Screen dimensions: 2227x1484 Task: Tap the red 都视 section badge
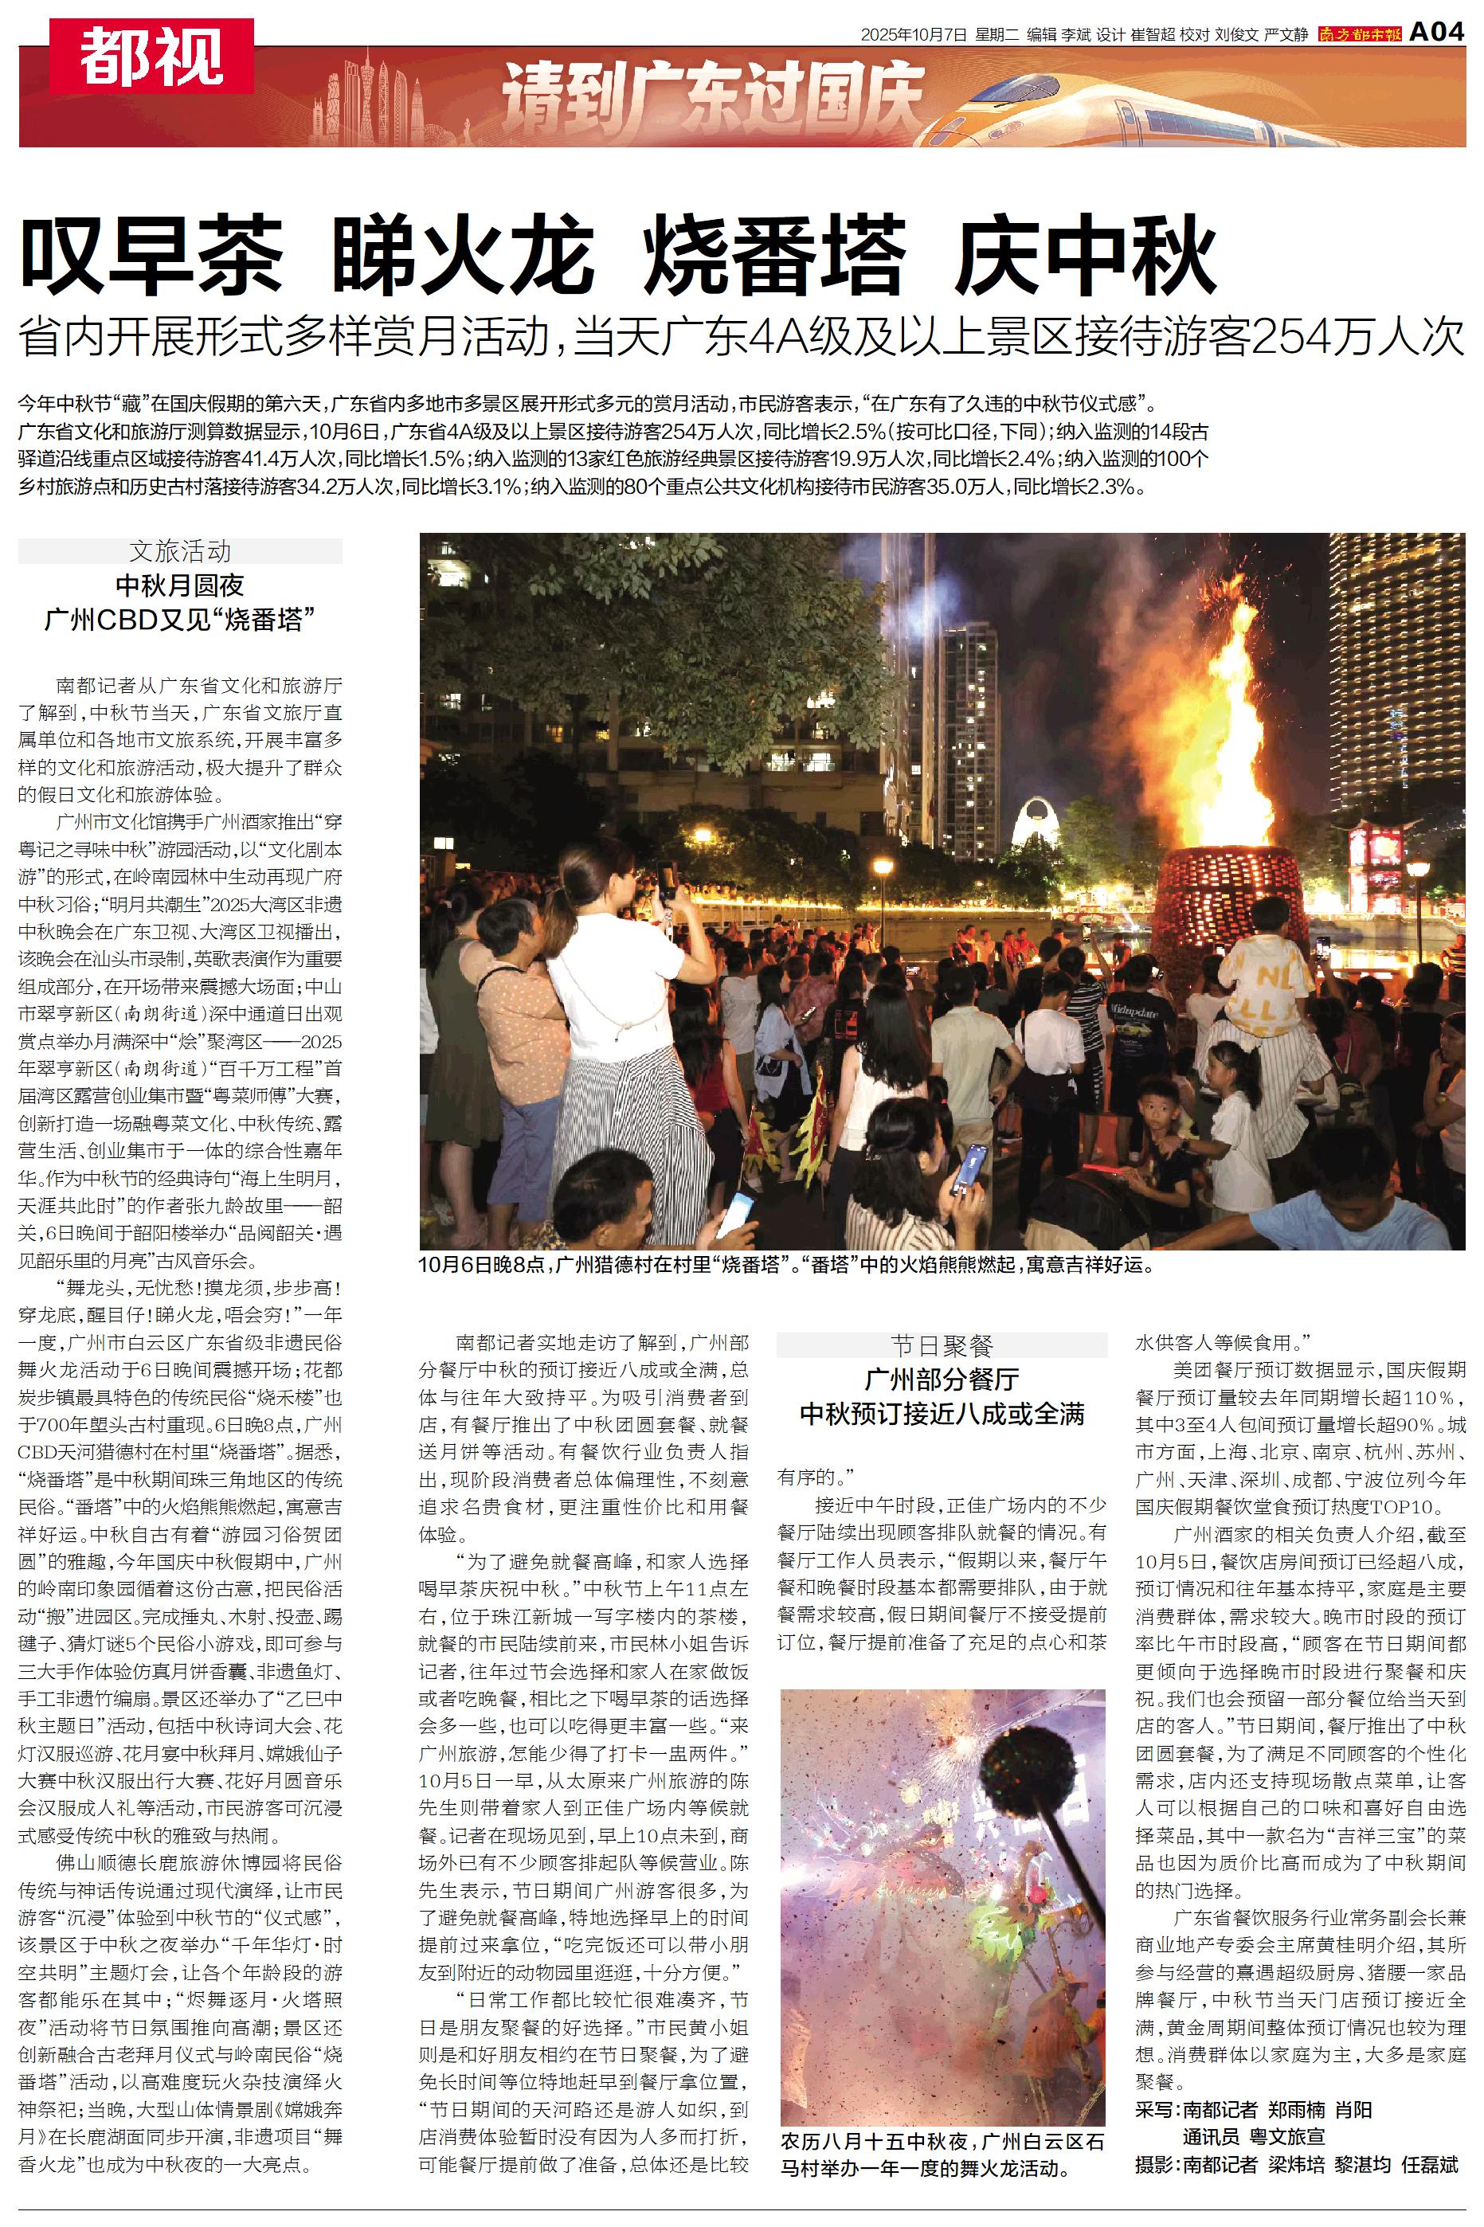click(x=151, y=56)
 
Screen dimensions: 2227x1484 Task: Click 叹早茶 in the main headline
click(x=151, y=256)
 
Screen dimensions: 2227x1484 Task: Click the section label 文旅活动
click(x=180, y=551)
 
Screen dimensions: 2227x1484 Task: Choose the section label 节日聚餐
click(x=942, y=1345)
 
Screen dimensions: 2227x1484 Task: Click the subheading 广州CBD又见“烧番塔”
click(x=180, y=620)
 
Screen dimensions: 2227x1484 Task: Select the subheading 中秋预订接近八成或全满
click(x=942, y=1415)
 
